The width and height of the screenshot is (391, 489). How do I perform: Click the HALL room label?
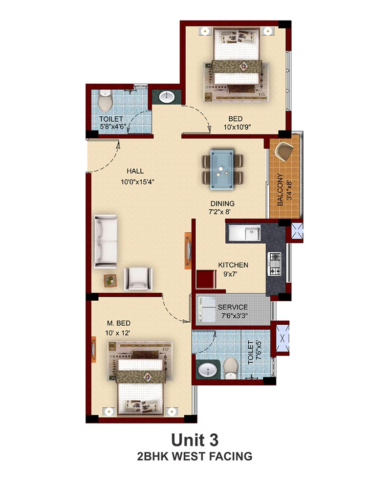click(135, 171)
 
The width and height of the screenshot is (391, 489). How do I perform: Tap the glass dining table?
click(222, 170)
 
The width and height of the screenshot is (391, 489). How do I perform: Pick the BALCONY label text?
click(280, 190)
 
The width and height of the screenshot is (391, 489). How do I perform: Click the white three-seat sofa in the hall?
click(106, 242)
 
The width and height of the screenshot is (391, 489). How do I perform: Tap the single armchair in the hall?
click(138, 279)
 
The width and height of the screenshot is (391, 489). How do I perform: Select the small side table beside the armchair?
click(110, 280)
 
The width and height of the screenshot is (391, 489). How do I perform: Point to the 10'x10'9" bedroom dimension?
click(237, 127)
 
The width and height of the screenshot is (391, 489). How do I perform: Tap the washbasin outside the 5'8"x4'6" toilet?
click(167, 96)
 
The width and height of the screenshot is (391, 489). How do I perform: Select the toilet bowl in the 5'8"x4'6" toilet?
click(105, 101)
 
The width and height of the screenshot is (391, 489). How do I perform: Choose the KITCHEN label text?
click(233, 265)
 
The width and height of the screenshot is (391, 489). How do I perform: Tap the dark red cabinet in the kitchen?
click(206, 279)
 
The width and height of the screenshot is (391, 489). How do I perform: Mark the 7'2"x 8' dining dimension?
click(219, 212)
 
